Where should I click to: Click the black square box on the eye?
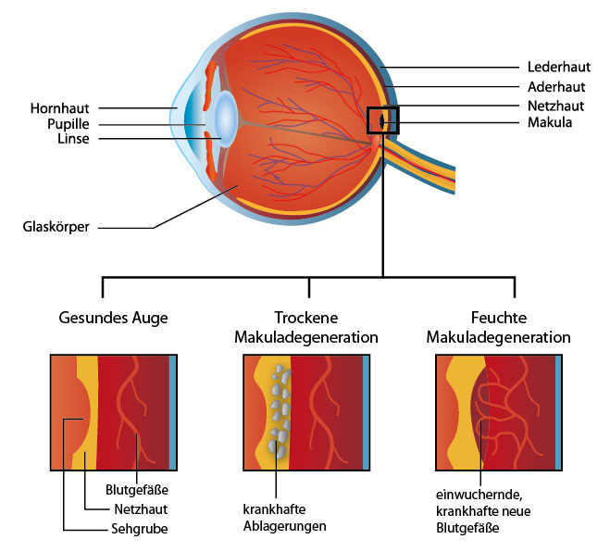[382, 121]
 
